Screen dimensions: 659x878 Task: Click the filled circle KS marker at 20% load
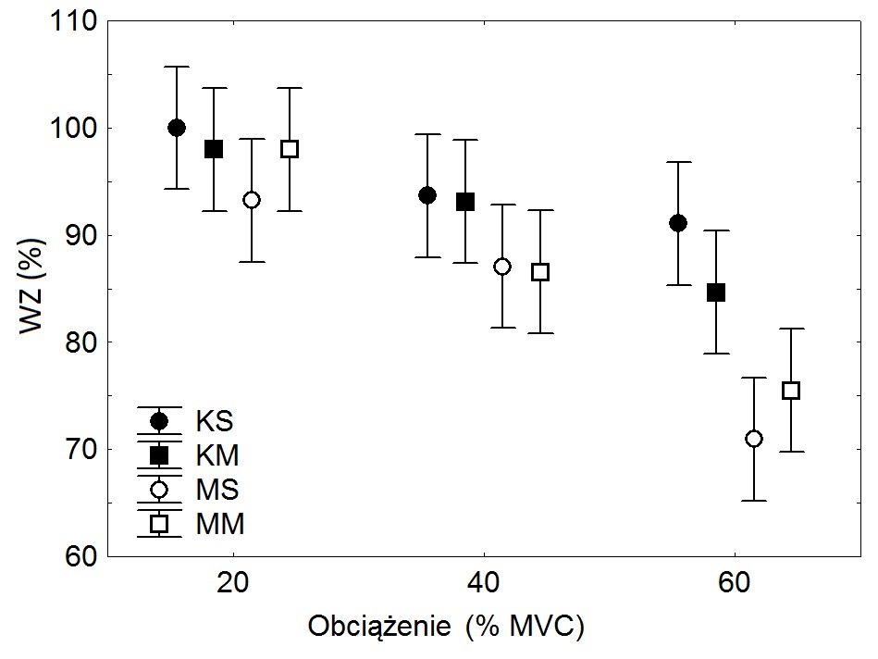pos(177,128)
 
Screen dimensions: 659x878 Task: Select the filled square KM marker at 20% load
pos(214,149)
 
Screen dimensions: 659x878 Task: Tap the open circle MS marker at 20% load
pos(252,200)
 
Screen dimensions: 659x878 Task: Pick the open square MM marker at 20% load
pos(290,149)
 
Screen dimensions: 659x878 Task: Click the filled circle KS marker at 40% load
pos(427,195)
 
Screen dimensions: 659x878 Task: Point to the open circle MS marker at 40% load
pos(502,267)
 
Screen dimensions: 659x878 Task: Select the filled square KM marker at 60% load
pos(716,292)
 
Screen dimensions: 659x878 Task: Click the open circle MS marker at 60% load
pos(754,439)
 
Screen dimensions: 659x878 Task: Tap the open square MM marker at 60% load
pos(791,391)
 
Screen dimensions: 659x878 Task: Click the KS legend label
pos(214,421)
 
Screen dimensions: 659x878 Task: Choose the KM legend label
pos(217,455)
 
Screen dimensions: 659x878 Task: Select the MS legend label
pos(217,490)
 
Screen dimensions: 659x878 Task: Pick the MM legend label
pos(220,525)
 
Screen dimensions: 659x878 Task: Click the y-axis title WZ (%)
pos(34,289)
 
